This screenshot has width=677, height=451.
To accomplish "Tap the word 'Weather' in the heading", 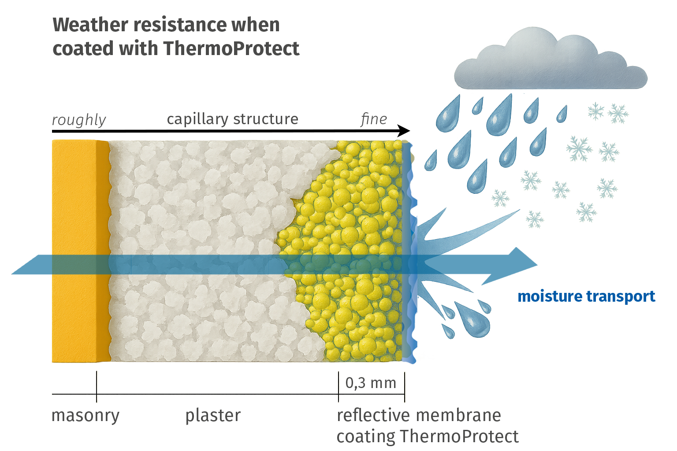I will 90,25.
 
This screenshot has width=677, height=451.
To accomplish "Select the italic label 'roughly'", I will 79,120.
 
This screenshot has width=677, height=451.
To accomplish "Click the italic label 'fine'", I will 374,119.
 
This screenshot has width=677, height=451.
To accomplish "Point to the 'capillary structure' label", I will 232,119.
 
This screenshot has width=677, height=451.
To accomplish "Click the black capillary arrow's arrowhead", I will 404,131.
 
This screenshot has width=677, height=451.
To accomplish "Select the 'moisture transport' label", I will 586,296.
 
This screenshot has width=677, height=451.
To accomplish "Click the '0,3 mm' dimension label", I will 371,383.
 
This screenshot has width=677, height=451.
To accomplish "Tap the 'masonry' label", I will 86,415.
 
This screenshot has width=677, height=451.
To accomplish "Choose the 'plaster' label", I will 213,415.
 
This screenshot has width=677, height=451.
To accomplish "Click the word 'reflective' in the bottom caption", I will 373,415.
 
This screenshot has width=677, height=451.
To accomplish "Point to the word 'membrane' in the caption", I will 459,415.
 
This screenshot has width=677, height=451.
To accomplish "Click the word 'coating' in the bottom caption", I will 365,436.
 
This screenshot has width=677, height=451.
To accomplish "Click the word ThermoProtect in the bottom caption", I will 459,436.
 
